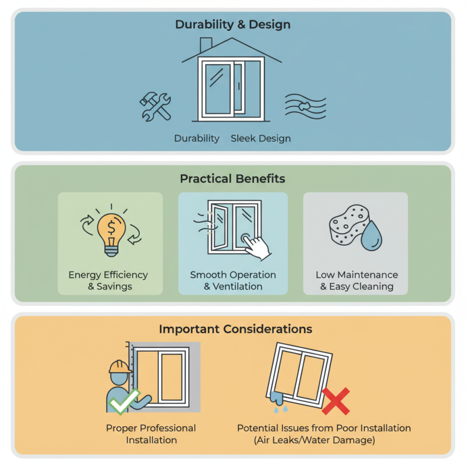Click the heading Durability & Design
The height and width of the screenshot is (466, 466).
233,25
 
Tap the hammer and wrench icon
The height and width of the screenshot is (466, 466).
156,106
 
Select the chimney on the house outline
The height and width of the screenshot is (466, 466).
206,45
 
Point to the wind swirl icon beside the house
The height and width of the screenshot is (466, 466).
305,107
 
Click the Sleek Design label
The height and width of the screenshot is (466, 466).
260,139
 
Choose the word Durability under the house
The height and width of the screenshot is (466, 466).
197,139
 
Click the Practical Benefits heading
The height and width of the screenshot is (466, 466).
232,178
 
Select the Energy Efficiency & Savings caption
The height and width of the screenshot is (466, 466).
108,280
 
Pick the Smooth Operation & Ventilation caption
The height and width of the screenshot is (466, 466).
233,280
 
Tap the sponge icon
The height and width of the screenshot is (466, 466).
348,225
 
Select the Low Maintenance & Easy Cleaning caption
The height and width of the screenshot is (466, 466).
356,280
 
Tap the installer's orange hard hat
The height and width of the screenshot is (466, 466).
120,366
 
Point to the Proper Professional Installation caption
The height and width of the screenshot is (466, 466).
151,434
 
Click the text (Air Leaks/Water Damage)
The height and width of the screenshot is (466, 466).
324,440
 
